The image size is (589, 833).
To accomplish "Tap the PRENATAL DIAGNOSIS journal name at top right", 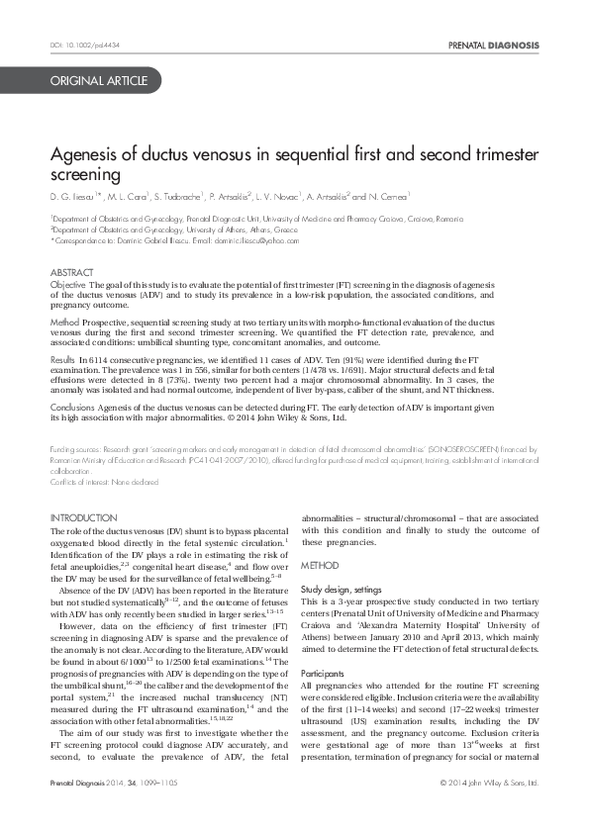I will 493,46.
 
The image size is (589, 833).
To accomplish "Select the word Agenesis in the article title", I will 83,156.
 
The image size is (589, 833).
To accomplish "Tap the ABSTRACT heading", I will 72,272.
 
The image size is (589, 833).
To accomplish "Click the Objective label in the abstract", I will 68,284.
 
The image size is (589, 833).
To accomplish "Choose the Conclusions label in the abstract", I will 73,406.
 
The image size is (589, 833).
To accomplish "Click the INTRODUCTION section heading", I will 83,517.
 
